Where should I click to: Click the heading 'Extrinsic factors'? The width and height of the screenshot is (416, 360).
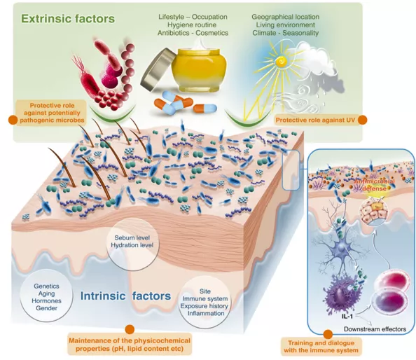(x=68, y=19)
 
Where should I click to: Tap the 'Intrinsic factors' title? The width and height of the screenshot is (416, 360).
(x=125, y=296)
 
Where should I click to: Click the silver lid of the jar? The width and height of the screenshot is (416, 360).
(x=158, y=69)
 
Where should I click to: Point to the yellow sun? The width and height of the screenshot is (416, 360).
(x=280, y=62)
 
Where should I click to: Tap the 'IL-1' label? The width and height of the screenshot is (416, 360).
(x=347, y=317)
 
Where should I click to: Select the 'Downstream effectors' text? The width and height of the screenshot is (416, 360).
(x=375, y=329)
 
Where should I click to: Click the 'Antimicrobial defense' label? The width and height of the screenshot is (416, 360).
(x=375, y=185)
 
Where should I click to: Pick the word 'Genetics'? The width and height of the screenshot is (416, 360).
(x=46, y=286)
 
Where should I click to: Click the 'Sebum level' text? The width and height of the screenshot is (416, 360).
(x=132, y=237)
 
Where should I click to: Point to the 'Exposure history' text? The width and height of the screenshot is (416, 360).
(x=204, y=306)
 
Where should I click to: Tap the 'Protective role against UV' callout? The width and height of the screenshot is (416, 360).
(x=315, y=120)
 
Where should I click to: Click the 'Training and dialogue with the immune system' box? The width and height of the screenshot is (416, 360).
(x=321, y=347)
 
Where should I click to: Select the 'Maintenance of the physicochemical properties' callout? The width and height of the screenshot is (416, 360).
(x=130, y=344)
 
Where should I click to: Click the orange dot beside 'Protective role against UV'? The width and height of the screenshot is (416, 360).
(x=362, y=120)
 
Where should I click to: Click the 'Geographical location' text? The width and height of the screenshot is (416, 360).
(x=286, y=17)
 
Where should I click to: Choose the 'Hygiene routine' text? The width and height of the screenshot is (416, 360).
(x=192, y=25)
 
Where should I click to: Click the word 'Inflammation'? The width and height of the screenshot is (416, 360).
(x=206, y=313)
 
